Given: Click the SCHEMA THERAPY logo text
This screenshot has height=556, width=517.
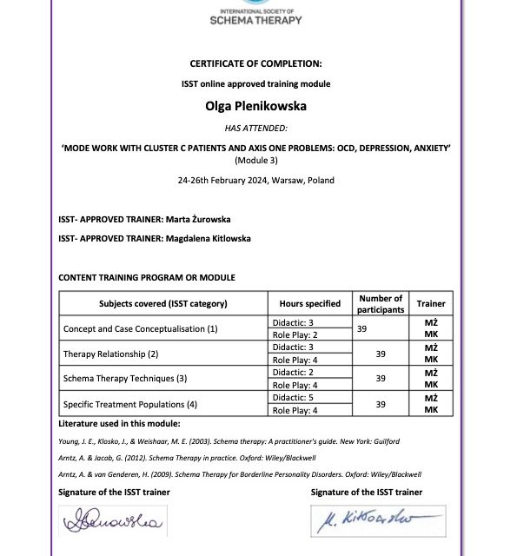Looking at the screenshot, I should pyautogui.click(x=256, y=20).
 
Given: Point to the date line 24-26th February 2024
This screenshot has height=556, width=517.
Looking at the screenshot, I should pyautogui.click(x=255, y=181).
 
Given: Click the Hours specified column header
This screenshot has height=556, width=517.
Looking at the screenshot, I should pyautogui.click(x=310, y=304).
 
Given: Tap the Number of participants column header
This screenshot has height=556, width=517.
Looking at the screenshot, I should pyautogui.click(x=381, y=304).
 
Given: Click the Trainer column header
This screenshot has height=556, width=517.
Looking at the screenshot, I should pyautogui.click(x=430, y=304).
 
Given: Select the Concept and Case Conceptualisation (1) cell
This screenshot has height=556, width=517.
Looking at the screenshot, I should pyautogui.click(x=141, y=329).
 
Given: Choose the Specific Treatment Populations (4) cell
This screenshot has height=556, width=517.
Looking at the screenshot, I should pyautogui.click(x=130, y=404).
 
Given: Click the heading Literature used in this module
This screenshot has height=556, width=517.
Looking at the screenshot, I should pyautogui.click(x=119, y=424).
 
